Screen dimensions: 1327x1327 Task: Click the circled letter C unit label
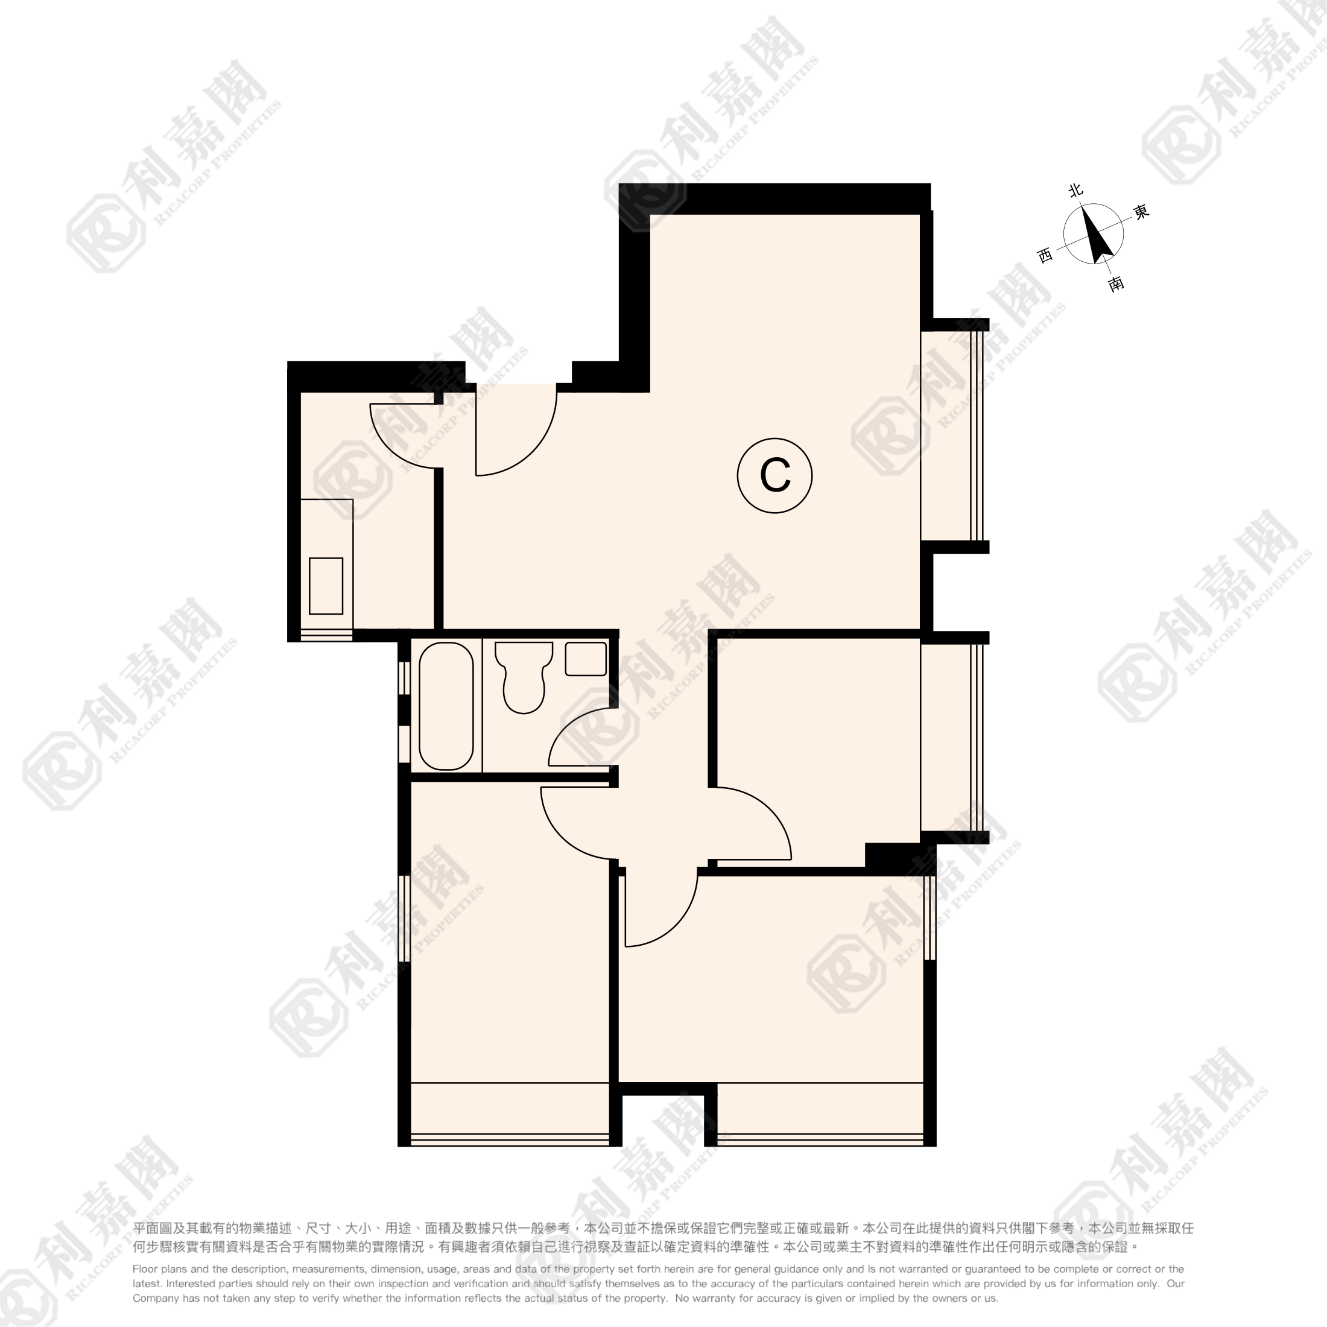pyautogui.click(x=774, y=475)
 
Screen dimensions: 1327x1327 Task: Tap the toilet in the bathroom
pyautogui.click(x=524, y=677)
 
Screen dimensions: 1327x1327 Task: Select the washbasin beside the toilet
pyautogui.click(x=586, y=659)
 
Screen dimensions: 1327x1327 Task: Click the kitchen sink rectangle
pyautogui.click(x=326, y=586)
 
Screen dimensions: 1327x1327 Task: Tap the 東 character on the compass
pyautogui.click(x=1141, y=212)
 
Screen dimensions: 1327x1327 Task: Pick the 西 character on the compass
pyautogui.click(x=1045, y=256)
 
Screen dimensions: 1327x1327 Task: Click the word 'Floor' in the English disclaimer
pyautogui.click(x=144, y=1269)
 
